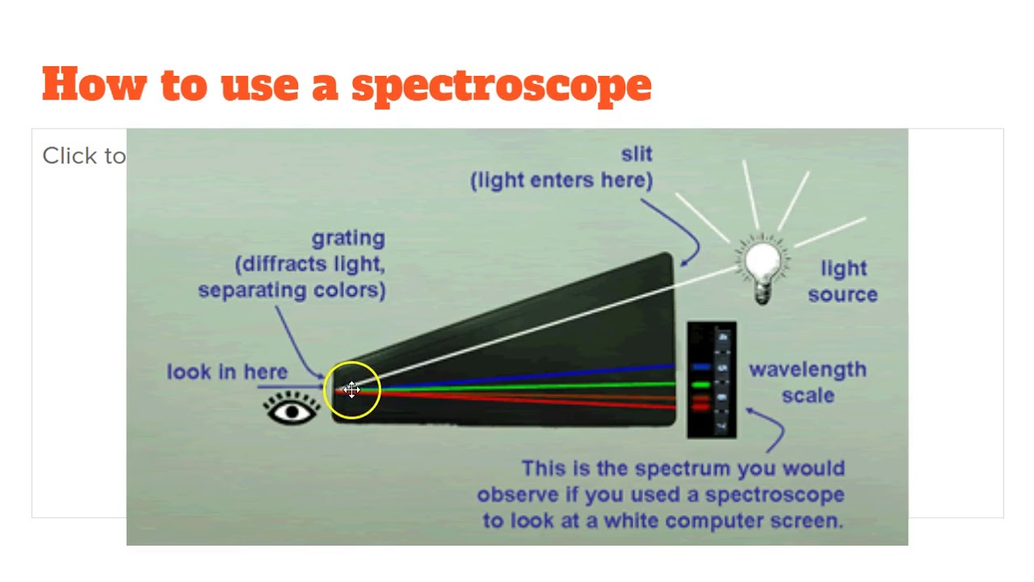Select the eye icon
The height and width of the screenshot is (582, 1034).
tap(292, 410)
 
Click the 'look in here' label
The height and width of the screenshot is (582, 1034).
tap(227, 372)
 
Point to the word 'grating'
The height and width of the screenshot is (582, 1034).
tap(348, 238)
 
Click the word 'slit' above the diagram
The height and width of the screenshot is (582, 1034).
tap(637, 154)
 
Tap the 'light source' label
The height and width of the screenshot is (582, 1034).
tap(843, 281)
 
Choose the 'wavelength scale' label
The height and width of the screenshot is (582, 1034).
tap(807, 382)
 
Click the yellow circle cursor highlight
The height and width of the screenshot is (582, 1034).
tap(352, 390)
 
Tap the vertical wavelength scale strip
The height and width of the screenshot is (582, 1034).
tap(712, 380)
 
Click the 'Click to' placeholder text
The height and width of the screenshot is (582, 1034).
tap(84, 156)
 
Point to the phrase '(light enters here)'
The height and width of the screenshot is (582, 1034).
tap(561, 180)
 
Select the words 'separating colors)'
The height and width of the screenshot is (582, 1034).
tap(292, 289)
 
